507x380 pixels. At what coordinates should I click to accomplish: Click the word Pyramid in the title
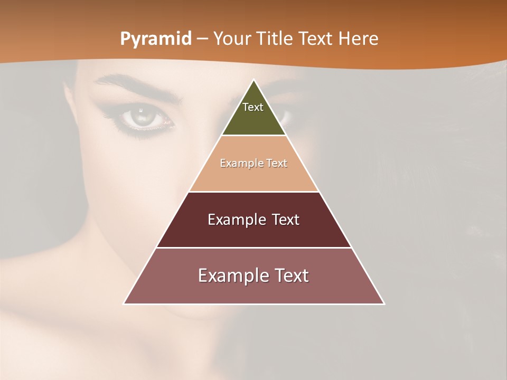155,39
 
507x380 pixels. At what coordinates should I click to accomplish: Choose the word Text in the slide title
316,39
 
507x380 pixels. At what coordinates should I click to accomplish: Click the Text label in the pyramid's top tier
253,107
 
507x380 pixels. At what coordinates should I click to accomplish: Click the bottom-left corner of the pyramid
124,303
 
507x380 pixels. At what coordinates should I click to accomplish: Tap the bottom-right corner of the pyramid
384,303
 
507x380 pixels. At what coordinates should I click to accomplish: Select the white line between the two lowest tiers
253,248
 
